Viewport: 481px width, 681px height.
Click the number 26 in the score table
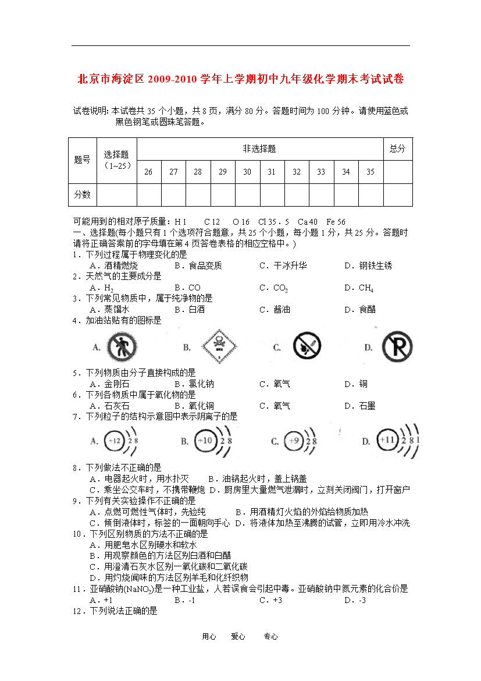click(x=149, y=172)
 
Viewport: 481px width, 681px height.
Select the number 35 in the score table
click(x=370, y=172)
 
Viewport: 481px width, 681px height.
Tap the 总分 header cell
click(x=398, y=149)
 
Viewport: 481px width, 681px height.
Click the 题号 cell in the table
click(x=82, y=160)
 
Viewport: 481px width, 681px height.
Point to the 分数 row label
click(x=82, y=194)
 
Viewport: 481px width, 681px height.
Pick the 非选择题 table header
click(x=259, y=149)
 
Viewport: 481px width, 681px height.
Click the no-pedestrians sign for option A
click(x=122, y=347)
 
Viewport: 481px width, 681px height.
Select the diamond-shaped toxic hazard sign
click(x=219, y=347)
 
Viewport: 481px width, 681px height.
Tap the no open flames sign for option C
click(x=306, y=347)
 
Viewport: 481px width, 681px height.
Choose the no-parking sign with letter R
click(x=397, y=347)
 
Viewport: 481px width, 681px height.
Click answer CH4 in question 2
click(x=366, y=288)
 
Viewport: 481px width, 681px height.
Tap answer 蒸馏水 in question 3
click(x=116, y=310)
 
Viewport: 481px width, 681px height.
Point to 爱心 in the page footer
click(x=238, y=637)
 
